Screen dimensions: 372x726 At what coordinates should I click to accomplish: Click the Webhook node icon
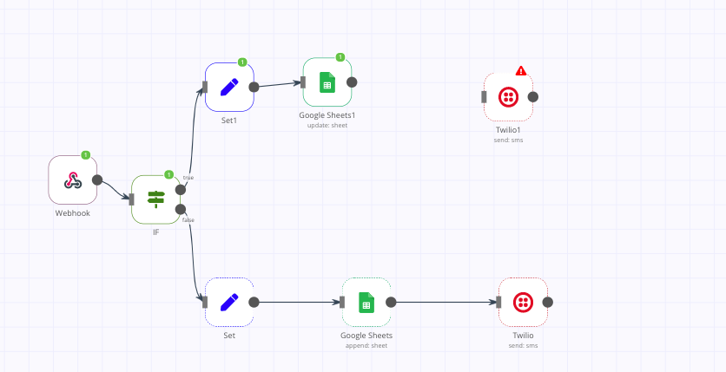72,180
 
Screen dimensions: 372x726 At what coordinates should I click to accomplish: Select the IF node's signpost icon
155,199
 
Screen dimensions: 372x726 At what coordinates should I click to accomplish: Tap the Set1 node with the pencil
229,87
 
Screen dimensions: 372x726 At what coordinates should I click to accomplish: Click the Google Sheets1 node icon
327,82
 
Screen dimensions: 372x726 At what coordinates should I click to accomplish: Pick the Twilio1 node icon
508,97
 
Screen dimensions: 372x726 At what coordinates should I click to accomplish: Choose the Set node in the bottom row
229,302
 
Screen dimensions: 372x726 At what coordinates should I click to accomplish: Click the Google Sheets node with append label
366,302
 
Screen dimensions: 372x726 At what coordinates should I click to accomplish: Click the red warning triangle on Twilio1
521,71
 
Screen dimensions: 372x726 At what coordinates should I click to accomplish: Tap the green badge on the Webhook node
86,155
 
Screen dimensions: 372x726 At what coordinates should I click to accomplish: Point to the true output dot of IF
181,189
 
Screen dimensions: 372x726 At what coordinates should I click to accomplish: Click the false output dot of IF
181,209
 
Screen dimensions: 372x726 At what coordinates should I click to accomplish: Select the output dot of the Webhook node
97,180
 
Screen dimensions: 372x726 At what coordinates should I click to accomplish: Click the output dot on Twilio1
533,97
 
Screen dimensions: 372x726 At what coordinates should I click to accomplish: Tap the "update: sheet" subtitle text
327,125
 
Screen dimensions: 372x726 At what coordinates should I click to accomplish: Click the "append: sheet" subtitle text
366,345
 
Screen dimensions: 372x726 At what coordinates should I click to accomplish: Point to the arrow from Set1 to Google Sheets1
278,85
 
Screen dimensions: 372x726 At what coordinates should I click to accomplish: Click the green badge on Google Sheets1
340,57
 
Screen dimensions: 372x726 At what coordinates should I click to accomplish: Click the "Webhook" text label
73,212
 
